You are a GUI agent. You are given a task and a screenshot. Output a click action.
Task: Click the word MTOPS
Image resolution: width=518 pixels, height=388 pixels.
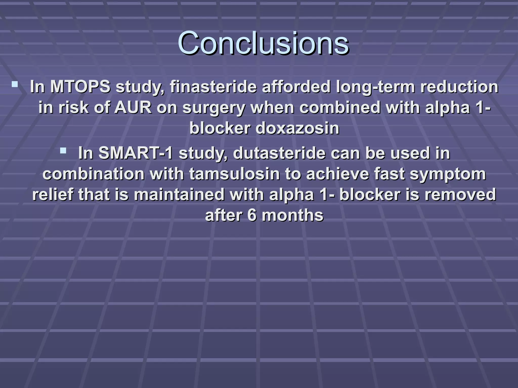tap(80, 87)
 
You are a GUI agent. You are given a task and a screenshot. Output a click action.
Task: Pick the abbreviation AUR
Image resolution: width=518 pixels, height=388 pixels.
tap(133, 108)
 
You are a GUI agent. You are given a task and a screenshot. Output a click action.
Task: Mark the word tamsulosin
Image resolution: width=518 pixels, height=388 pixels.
tap(234, 174)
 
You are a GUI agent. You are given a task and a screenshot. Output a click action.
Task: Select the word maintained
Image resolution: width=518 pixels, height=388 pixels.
tap(179, 195)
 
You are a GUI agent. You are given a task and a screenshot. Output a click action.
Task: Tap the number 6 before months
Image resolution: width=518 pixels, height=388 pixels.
tap(252, 215)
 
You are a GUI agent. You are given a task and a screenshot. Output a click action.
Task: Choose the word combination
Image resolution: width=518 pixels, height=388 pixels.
tap(93, 174)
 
